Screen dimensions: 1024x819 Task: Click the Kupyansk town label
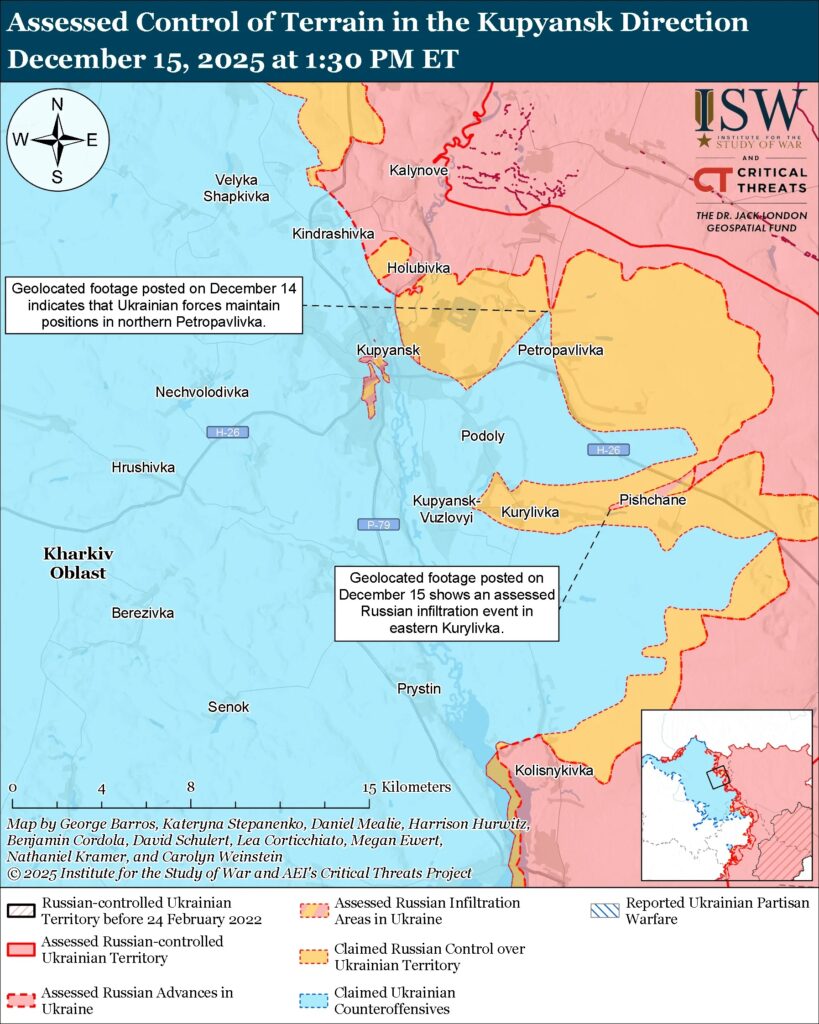(387, 350)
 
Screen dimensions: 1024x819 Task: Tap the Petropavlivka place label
(561, 350)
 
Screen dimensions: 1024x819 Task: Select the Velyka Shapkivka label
(236, 188)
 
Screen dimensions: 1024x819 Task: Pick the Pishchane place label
(652, 499)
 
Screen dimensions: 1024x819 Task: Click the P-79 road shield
(378, 524)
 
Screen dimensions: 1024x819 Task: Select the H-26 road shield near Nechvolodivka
(227, 432)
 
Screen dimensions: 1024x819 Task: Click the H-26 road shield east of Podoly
(607, 450)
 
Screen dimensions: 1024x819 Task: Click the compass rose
(58, 139)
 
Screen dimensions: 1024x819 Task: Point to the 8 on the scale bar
(190, 787)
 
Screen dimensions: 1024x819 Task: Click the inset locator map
(725, 796)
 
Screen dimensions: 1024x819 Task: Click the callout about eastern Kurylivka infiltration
(446, 603)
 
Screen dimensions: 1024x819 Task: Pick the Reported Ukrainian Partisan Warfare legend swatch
(604, 904)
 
